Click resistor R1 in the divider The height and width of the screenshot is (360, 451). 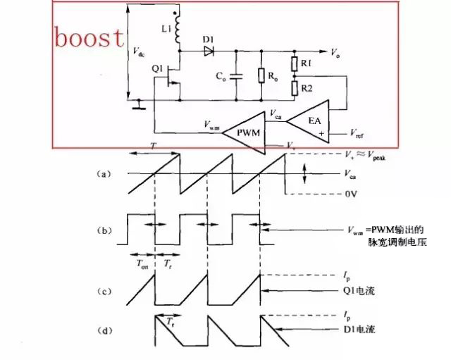(x=296, y=66)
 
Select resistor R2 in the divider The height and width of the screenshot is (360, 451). (x=296, y=88)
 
